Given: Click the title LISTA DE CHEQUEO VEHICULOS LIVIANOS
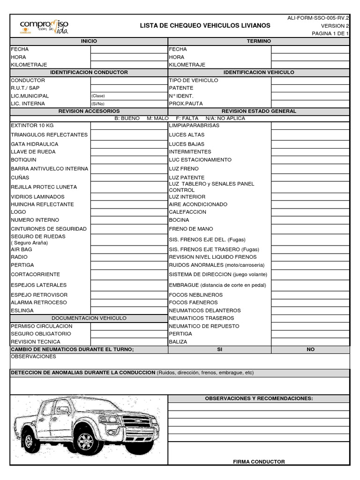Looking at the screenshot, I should point(205,25).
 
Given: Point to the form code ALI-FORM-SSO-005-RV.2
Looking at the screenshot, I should point(318,18).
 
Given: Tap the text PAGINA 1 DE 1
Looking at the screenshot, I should point(330,34).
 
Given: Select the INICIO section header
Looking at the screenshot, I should point(89,41).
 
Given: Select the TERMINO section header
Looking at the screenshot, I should point(259,41).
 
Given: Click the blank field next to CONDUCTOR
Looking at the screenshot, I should point(129,81).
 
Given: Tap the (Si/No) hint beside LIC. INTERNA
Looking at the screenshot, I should point(98,104).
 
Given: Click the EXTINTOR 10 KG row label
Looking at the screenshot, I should point(32,126).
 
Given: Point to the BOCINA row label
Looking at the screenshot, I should point(179,220).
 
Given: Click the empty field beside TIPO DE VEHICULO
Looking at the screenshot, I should point(310,81).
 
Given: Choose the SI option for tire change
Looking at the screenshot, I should point(219,350).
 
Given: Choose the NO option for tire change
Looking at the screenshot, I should point(310,350).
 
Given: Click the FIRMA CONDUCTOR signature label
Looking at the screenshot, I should point(259,462).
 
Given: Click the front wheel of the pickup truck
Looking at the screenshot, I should point(86,441).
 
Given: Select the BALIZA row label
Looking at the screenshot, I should point(179,342).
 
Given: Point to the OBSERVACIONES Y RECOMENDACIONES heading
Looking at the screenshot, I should point(259,398).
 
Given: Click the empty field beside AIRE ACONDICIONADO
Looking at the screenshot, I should point(310,204).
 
